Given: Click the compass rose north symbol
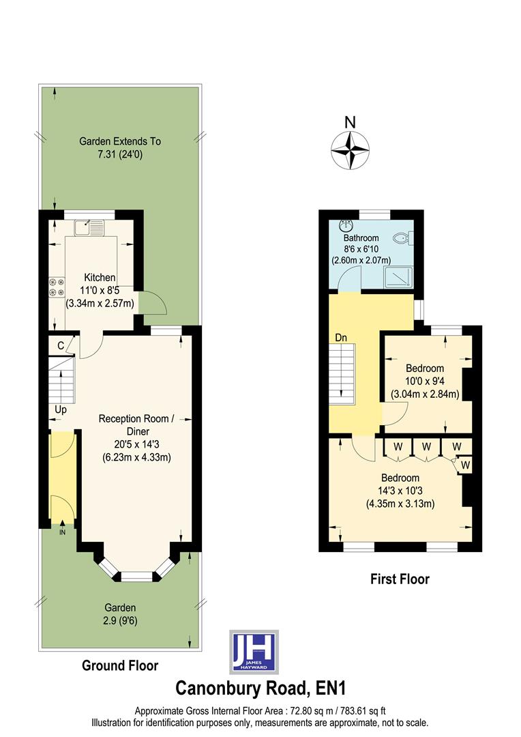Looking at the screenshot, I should [350, 149].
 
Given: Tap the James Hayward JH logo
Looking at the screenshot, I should [254, 651].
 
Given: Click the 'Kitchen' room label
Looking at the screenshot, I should [100, 278].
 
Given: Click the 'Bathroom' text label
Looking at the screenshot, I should [361, 238].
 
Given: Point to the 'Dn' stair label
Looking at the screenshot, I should [341, 338].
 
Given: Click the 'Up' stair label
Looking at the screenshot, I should [61, 409].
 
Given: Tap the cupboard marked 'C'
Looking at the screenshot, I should [61, 346].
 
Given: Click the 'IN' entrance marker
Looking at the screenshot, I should [63, 532].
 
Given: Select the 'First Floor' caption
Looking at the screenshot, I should [400, 579].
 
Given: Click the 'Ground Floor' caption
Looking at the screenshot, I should [120, 665].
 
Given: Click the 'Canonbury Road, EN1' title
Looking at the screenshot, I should [260, 687].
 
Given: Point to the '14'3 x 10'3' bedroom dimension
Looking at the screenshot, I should [400, 491].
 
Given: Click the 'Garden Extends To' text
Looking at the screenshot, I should [120, 142].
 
